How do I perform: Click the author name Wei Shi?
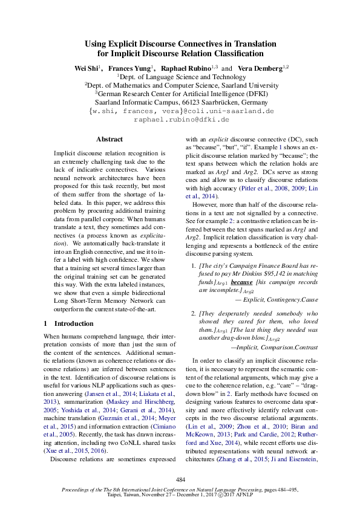87,68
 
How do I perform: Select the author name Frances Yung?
129,68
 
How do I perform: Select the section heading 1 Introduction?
69,323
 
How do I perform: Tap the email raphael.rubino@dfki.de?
180,120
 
